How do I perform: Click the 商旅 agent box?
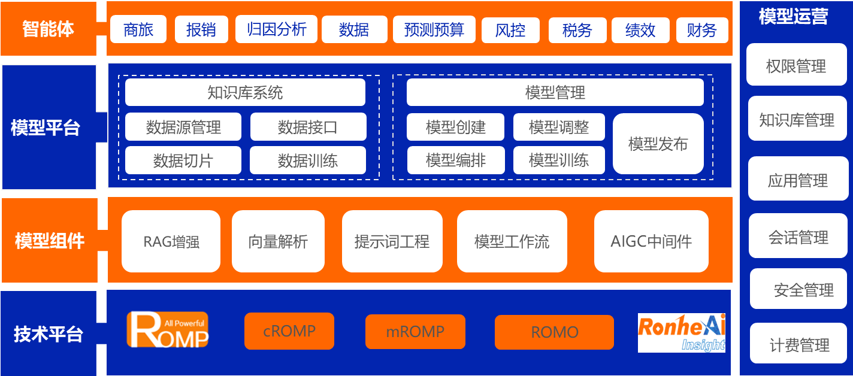tap(138, 30)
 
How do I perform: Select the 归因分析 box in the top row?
tap(276, 29)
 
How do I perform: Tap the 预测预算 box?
tap(434, 29)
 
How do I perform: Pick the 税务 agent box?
tap(577, 30)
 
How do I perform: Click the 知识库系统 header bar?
tap(245, 93)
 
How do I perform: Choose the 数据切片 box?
tap(183, 160)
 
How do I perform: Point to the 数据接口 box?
tap(308, 127)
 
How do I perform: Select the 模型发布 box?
tap(658, 144)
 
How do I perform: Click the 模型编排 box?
tap(455, 160)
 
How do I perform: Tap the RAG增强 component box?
tap(171, 242)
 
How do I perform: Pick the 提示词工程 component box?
tap(392, 242)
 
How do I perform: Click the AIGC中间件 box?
tap(651, 242)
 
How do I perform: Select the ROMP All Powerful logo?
tap(168, 329)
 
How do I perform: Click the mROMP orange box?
tap(415, 332)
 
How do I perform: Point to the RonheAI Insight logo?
tap(682, 333)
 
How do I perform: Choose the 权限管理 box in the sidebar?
tap(796, 66)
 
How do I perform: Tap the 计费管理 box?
tap(799, 345)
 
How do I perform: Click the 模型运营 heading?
tap(793, 17)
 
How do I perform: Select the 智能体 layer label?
tap(48, 29)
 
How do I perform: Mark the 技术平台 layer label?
tap(48, 333)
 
